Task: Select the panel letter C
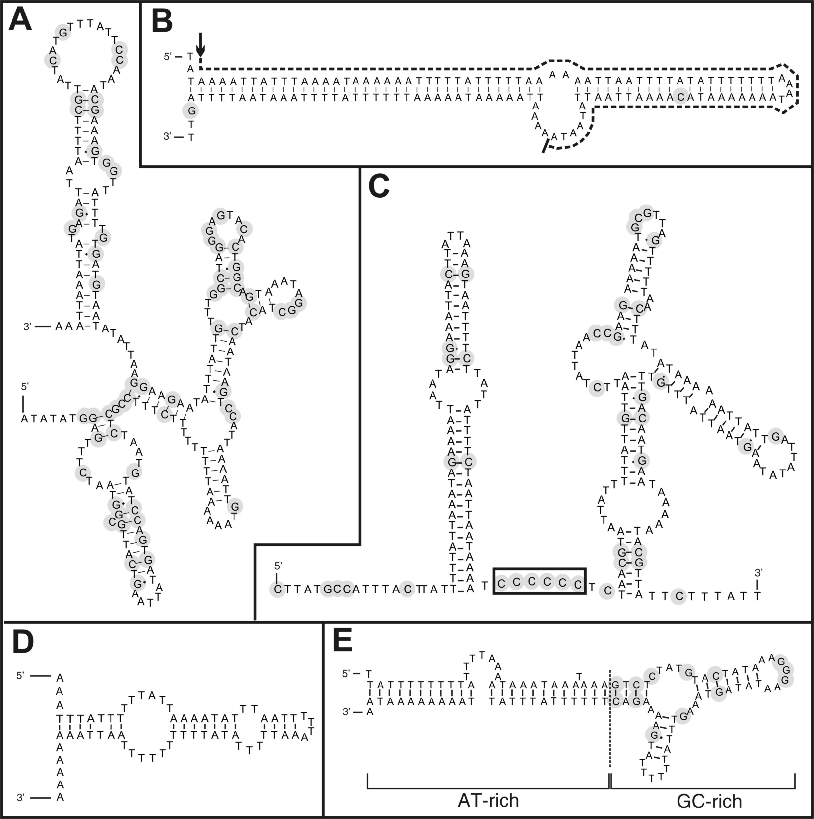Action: (x=379, y=187)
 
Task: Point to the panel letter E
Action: (x=343, y=642)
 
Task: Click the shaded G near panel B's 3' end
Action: (x=191, y=111)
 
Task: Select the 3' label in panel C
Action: (x=758, y=573)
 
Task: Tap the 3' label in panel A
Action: (x=28, y=327)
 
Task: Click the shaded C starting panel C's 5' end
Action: (x=277, y=589)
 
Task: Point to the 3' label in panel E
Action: (x=348, y=712)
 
